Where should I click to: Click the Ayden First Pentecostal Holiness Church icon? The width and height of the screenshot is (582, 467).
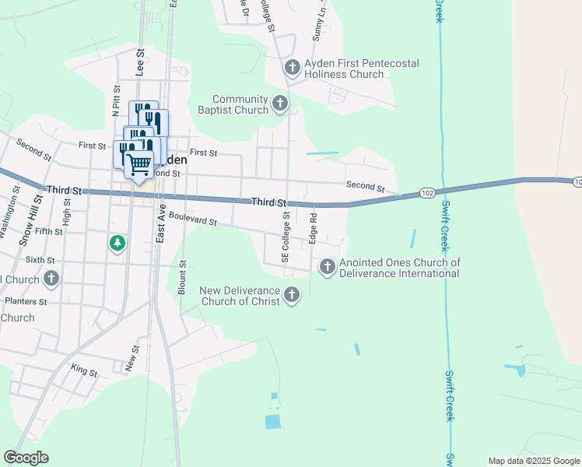coord(293,68)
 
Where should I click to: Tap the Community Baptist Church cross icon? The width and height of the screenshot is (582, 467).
coord(280,103)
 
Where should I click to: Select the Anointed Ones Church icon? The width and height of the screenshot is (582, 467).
coord(327,267)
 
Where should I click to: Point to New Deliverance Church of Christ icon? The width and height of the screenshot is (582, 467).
coord(292,294)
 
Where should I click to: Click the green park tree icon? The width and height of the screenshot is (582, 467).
coord(117,244)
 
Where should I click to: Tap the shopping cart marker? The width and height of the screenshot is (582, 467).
coord(138,164)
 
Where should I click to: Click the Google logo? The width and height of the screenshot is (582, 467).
coord(26,458)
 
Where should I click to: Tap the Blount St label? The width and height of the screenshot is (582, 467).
coord(182,277)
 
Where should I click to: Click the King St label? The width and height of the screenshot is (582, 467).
coord(83,372)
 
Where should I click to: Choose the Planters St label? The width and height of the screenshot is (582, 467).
coord(26,300)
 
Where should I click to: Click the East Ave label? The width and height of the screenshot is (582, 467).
coord(161,226)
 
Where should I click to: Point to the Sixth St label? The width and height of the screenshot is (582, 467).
coord(41,259)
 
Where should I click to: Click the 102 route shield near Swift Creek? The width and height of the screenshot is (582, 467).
coord(426,191)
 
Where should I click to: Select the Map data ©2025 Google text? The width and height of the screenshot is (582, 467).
coord(533,461)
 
